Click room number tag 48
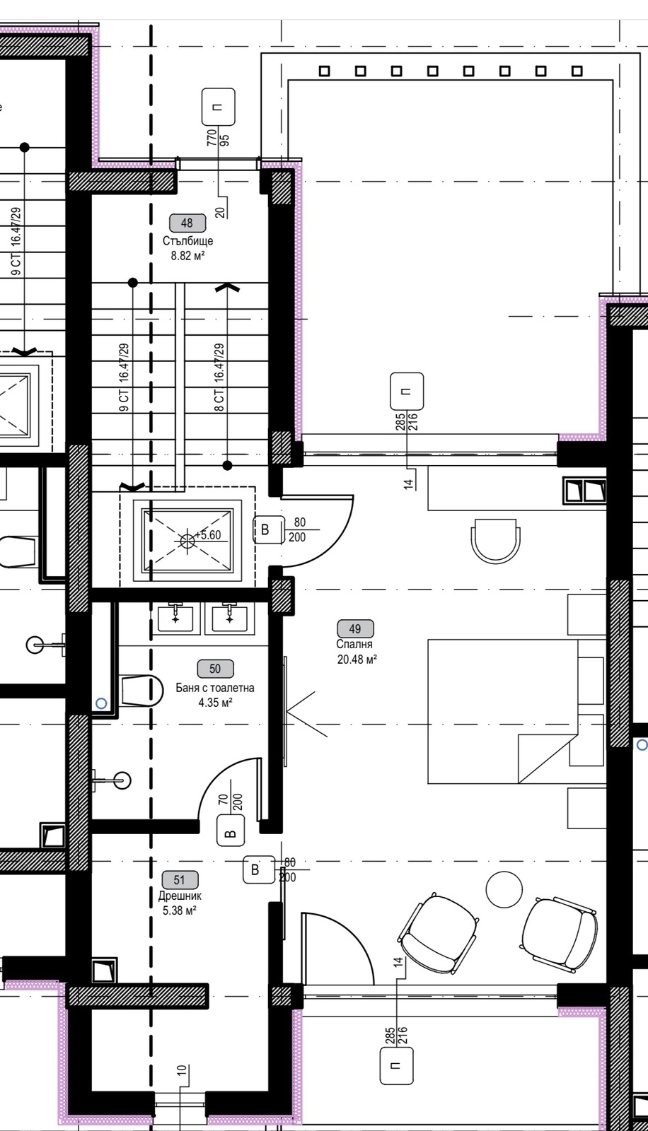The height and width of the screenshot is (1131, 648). [x=187, y=223]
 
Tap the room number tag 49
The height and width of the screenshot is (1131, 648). [x=355, y=628]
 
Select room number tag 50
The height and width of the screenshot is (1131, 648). [x=215, y=669]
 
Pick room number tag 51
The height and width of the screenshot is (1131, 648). [x=180, y=880]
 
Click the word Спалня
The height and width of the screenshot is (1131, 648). [x=354, y=644]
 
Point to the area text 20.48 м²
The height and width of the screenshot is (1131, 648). [x=357, y=659]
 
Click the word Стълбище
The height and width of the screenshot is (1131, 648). [x=187, y=241]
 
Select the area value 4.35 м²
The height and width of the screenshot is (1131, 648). [x=215, y=703]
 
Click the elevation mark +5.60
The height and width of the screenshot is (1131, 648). [x=208, y=534]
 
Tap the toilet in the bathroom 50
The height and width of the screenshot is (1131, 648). [x=141, y=690]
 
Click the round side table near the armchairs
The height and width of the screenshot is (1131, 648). [x=504, y=889]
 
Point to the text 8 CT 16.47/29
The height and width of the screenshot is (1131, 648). [x=219, y=377]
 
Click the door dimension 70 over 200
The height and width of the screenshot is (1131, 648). [x=231, y=802]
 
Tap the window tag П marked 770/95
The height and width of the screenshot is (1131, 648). [x=219, y=107]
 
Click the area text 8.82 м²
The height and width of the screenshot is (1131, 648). [x=187, y=255]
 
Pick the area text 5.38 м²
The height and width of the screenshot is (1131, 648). [x=180, y=911]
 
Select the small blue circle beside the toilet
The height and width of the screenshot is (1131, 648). [x=102, y=703]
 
